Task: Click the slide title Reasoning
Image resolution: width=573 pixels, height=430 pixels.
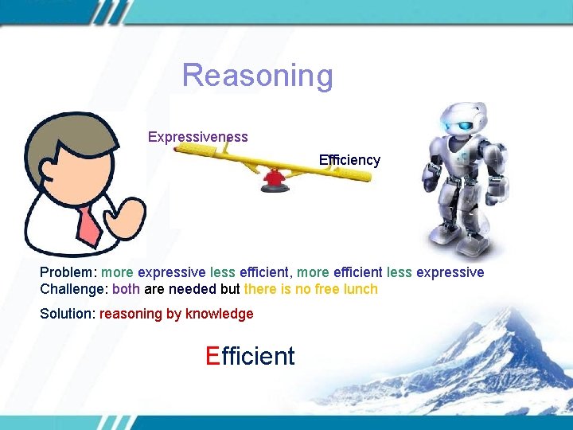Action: point(257,76)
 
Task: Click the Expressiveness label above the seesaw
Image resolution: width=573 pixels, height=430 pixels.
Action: point(197,137)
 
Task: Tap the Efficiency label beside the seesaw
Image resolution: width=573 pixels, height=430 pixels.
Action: point(349,160)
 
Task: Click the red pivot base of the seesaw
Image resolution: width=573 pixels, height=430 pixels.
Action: point(274,182)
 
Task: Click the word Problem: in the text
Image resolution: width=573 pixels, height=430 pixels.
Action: point(69,272)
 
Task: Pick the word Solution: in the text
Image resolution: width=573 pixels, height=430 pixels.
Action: point(68,314)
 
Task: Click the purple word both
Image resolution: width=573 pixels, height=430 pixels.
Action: point(127,289)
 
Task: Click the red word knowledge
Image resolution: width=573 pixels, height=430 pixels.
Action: point(219,314)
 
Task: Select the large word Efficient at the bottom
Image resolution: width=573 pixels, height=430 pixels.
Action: point(250,356)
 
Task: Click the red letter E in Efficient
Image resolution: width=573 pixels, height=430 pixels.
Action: point(212,356)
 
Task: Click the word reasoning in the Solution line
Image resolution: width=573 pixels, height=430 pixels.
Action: point(131,314)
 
